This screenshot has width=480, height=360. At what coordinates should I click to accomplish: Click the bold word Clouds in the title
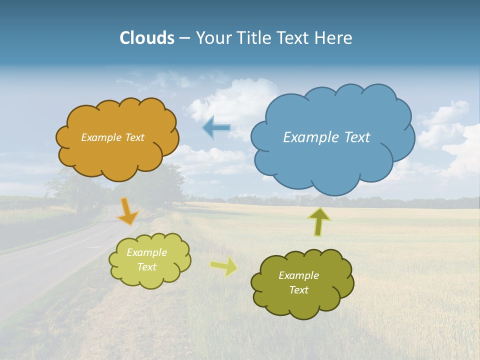146,38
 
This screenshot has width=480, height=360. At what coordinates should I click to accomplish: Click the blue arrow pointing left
216,127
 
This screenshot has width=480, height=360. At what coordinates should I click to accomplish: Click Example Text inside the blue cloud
326,137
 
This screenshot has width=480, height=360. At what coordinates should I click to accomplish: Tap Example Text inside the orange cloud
112,137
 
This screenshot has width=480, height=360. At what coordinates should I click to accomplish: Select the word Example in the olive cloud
298,275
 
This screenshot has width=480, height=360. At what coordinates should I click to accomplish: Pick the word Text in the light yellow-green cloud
147,267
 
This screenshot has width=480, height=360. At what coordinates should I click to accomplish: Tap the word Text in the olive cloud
298,290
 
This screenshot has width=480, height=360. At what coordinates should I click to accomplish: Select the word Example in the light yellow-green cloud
147,252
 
